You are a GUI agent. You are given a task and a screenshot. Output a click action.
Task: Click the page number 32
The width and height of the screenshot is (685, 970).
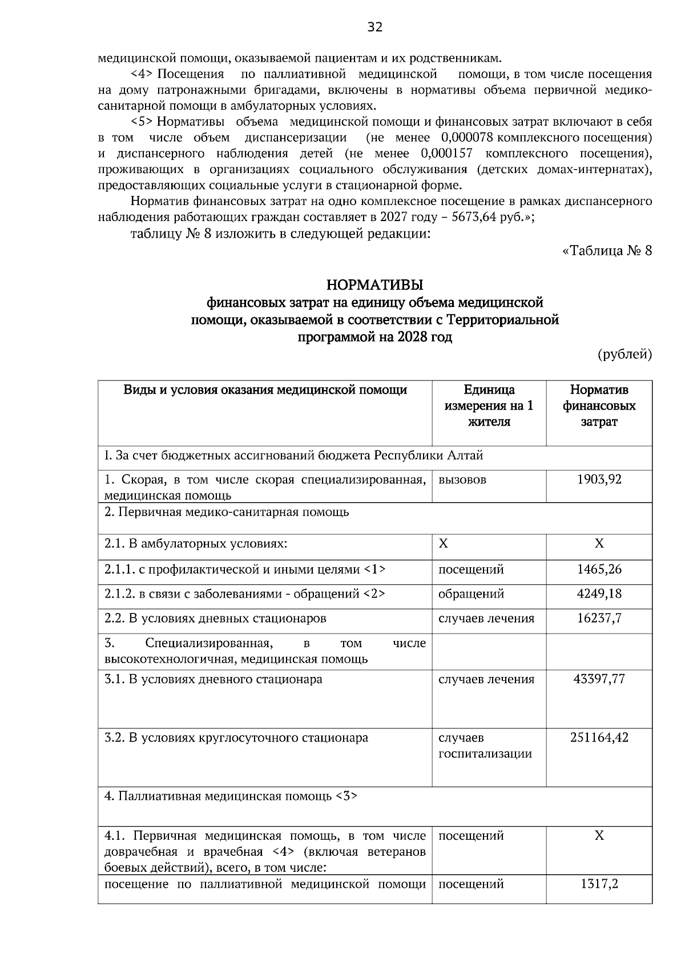pos(374,27)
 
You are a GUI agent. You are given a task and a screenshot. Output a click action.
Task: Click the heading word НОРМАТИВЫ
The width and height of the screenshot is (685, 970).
pos(374,284)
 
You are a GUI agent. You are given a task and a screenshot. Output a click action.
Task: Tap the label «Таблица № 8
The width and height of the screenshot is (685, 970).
pos(607,251)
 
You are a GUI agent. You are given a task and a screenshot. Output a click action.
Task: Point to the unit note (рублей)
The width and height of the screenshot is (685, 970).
pos(624,355)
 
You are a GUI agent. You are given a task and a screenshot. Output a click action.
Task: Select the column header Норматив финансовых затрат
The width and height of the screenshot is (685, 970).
pos(599,406)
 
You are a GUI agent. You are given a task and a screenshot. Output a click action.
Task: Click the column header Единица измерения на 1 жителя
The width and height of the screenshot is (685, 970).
pos(489,406)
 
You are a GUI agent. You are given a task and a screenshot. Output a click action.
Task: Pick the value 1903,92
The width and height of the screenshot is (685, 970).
pos(599,479)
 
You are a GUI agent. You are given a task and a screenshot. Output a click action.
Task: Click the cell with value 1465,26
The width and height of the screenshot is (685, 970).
pos(599,569)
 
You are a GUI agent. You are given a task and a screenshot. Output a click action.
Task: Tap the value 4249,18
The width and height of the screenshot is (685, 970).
pos(599,594)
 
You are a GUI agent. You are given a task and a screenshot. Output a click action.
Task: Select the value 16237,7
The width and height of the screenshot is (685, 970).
pos(599,618)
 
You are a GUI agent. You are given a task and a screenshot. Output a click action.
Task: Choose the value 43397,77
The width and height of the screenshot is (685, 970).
pos(599,679)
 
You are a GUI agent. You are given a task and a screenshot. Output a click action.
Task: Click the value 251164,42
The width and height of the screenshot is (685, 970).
pos(599,737)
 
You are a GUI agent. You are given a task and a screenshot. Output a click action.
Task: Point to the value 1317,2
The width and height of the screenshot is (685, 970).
pos(599,884)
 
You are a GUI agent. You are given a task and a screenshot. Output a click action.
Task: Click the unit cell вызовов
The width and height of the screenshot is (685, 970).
pos(462,479)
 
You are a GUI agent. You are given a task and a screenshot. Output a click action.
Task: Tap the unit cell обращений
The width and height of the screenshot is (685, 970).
pos(471,594)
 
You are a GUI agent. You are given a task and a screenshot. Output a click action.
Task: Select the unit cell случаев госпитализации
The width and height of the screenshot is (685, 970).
pos(485,745)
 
